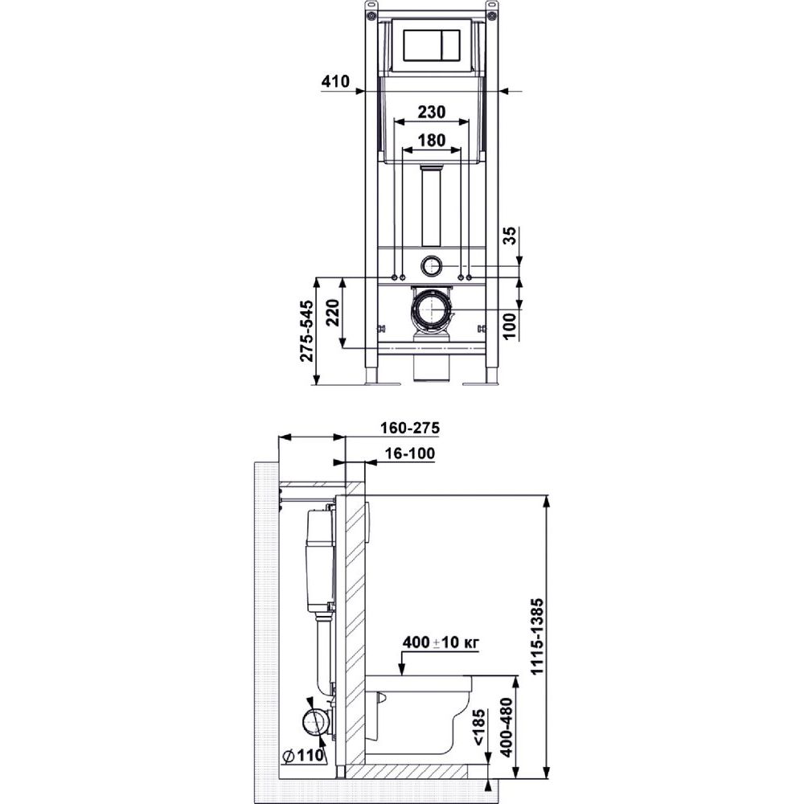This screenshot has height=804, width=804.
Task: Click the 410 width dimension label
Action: click(x=335, y=81)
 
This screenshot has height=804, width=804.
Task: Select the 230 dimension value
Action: click(x=431, y=112)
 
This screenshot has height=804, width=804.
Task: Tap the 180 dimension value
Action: click(x=431, y=139)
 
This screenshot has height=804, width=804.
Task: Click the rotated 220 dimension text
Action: click(x=332, y=314)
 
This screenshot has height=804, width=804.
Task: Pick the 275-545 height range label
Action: click(x=306, y=330)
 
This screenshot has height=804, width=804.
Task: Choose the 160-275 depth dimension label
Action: click(x=410, y=428)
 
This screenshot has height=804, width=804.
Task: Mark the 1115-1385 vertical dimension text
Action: click(x=536, y=636)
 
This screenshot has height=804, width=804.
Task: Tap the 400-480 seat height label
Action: click(x=506, y=727)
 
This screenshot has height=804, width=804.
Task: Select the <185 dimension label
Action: click(x=478, y=727)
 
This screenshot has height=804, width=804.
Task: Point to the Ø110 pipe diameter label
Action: click(x=303, y=755)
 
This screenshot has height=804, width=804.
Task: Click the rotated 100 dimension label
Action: click(x=510, y=326)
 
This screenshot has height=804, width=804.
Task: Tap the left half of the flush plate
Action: click(x=422, y=46)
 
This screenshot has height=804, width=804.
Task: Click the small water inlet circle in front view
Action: click(x=432, y=265)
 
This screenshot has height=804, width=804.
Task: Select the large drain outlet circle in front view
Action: click(x=432, y=310)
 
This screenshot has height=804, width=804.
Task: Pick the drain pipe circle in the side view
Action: click(x=314, y=723)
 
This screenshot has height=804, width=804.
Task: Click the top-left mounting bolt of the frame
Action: click(x=370, y=15)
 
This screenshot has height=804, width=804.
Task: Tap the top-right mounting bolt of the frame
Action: click(x=493, y=15)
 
